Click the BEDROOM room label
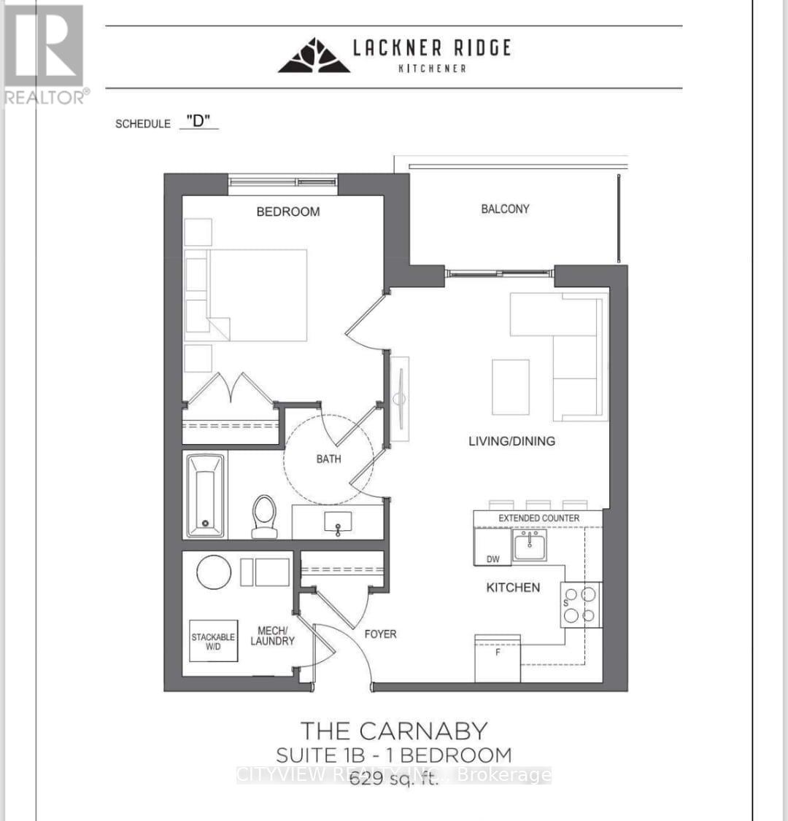click(287, 211)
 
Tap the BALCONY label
click(505, 209)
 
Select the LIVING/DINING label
click(511, 440)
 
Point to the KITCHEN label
click(513, 587)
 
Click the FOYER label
click(380, 634)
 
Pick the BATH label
click(328, 459)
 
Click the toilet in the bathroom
click(264, 515)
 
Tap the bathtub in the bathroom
click(205, 494)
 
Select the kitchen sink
click(529, 545)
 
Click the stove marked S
click(581, 604)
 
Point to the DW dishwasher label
click(493, 559)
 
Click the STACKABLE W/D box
click(213, 641)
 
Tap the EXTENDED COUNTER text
click(538, 518)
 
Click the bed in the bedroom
click(255, 295)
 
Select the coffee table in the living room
click(510, 387)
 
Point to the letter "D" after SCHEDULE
click(198, 121)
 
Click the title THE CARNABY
click(394, 731)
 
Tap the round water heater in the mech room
click(214, 572)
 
